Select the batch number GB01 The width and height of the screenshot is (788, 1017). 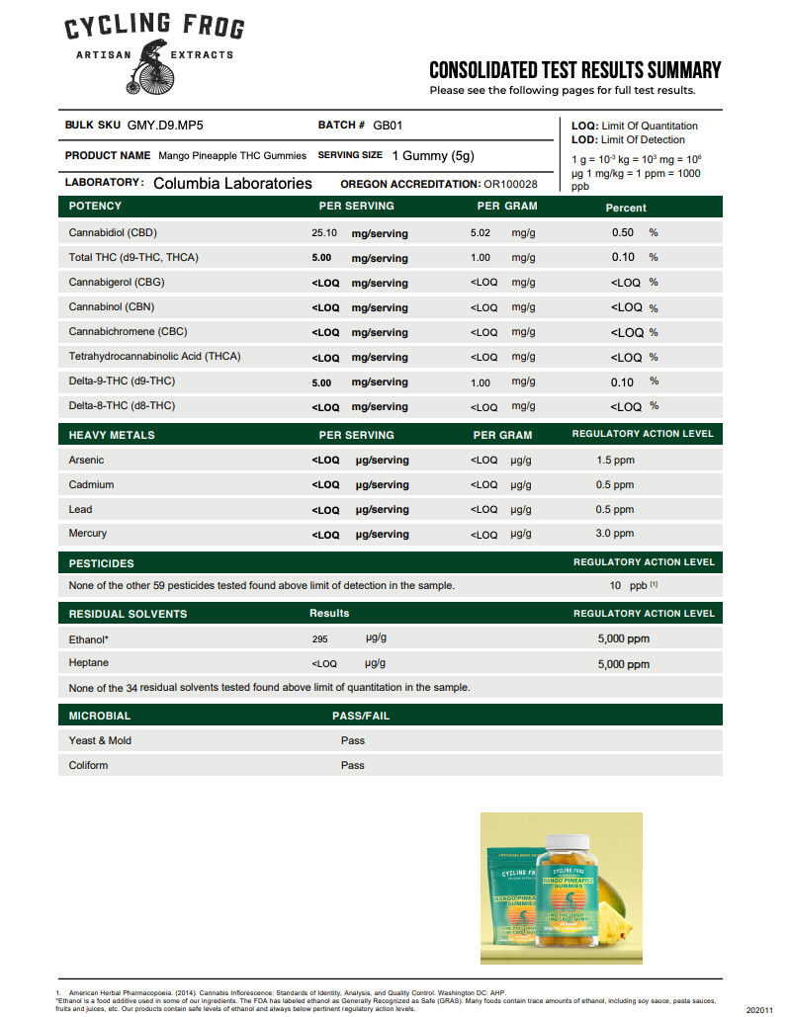tap(388, 126)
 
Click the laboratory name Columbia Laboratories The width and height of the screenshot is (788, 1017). tap(232, 183)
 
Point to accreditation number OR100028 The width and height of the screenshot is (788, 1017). tap(510, 184)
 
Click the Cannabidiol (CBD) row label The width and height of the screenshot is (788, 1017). tap(113, 233)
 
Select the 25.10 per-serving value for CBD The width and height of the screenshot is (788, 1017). tap(324, 233)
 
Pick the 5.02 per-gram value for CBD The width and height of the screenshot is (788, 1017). tap(481, 233)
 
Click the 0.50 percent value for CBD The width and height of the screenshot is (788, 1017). tap(622, 232)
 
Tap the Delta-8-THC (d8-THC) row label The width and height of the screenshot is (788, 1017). tap(122, 406)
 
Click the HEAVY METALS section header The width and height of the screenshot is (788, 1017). tap(112, 435)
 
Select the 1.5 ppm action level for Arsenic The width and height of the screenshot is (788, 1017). tap(615, 460)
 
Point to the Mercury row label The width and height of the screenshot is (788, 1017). tap(88, 534)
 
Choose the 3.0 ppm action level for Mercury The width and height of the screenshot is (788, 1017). tap(615, 534)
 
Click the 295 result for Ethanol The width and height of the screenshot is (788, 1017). tap(319, 639)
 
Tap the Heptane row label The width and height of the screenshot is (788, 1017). tap(89, 663)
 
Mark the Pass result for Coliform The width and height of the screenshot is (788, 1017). tap(353, 765)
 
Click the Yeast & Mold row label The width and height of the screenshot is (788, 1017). tap(100, 740)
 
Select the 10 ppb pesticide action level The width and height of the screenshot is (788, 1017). tap(628, 585)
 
